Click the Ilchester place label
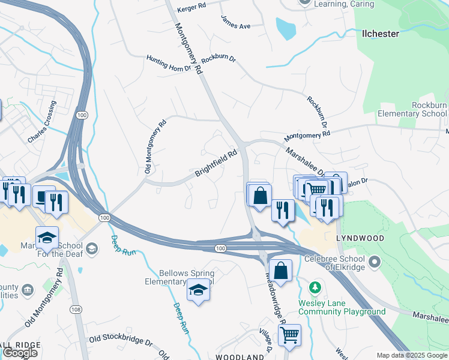pos(381,34)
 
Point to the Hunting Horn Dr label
pos(169,63)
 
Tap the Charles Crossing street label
pos(42,121)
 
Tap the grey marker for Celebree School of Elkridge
pos(375,261)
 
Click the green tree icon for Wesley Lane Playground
pos(313,288)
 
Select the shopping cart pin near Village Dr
pos(289,335)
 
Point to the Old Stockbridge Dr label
pos(121,341)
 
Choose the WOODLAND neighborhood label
pos(240,357)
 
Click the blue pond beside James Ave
pos(286,28)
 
